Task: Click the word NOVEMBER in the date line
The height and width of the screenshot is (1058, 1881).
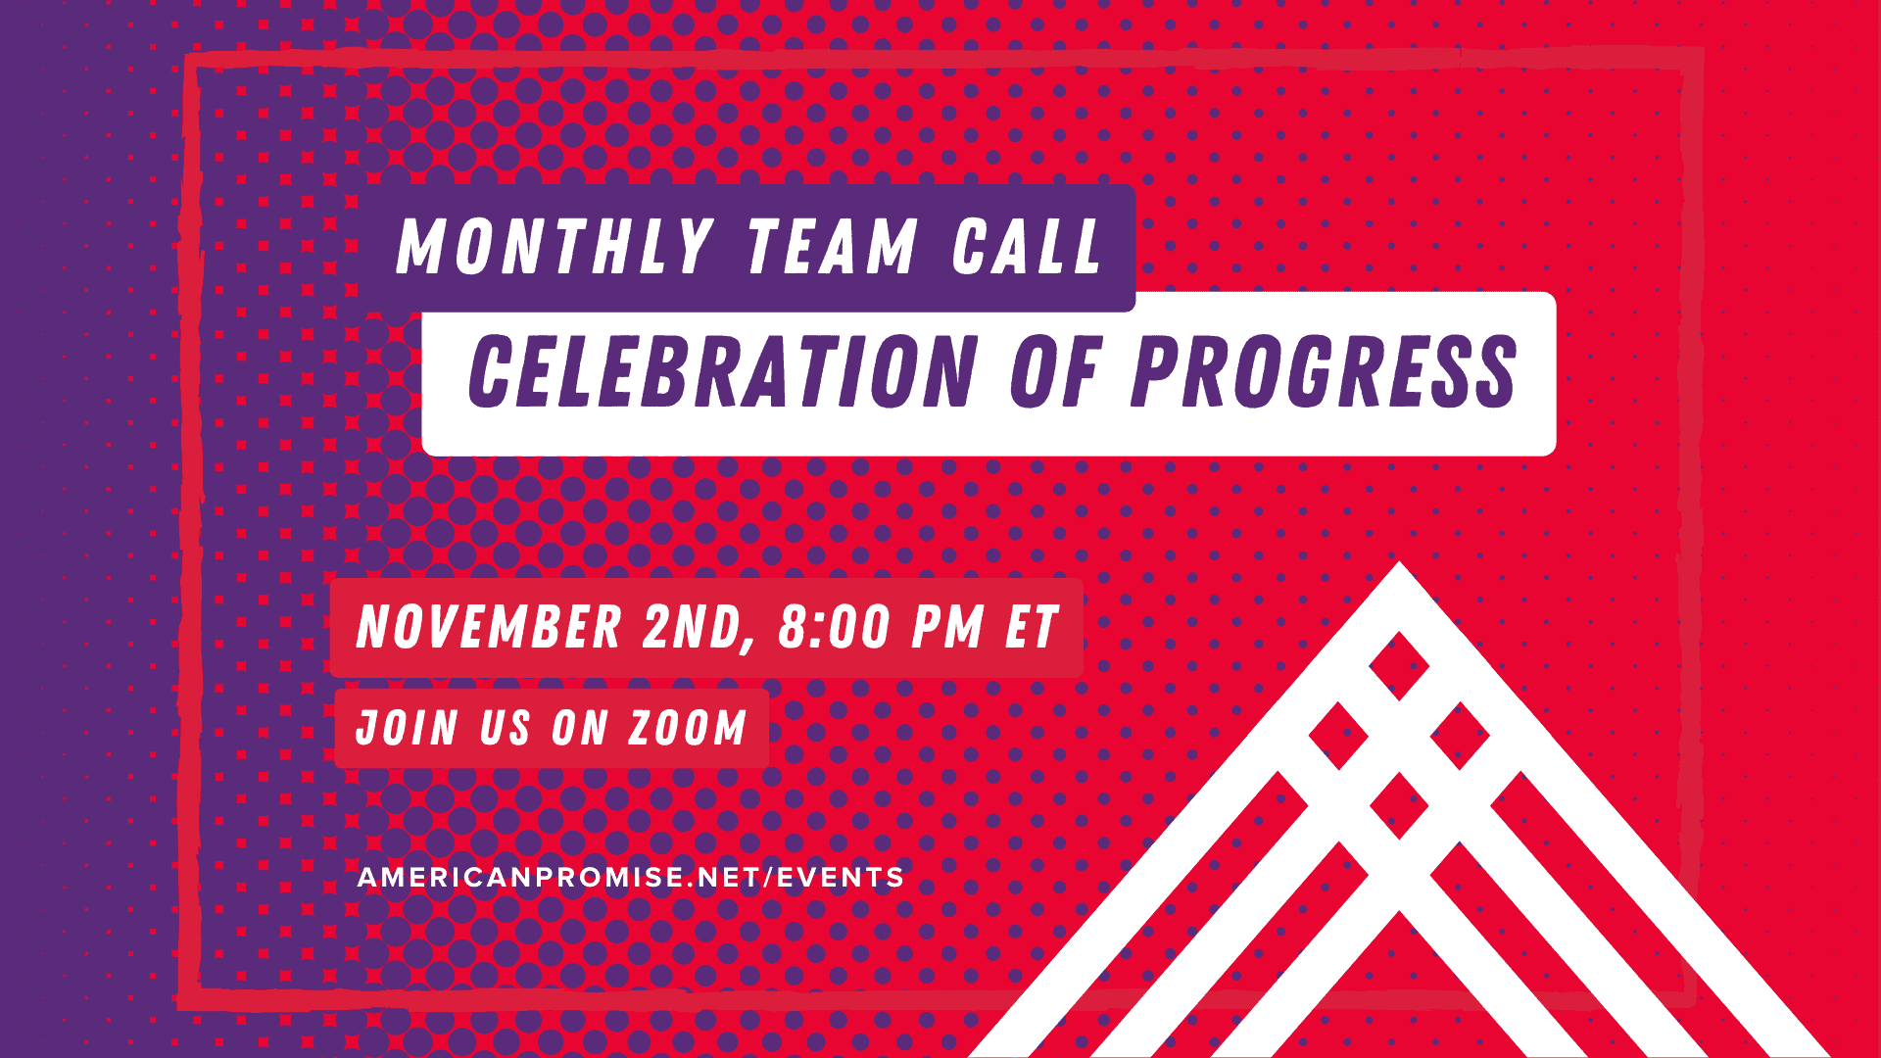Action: click(x=489, y=627)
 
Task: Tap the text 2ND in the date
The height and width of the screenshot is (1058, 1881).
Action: click(x=698, y=629)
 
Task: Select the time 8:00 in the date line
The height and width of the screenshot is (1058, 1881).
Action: click(x=834, y=627)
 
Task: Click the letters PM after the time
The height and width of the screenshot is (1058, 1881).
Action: click(x=947, y=627)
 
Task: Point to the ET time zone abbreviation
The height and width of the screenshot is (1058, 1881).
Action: click(x=1033, y=627)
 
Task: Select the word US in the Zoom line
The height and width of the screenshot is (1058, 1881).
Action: click(x=506, y=728)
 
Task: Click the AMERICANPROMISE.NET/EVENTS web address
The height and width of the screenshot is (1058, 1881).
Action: click(x=631, y=877)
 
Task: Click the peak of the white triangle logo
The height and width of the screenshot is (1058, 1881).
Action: click(x=1399, y=562)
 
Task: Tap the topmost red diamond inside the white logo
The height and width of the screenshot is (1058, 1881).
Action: click(x=1399, y=665)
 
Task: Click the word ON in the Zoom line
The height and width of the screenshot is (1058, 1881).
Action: click(x=580, y=728)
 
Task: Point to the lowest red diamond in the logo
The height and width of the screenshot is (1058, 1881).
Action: click(x=1399, y=805)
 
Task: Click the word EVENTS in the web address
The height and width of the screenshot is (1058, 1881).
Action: click(x=841, y=877)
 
